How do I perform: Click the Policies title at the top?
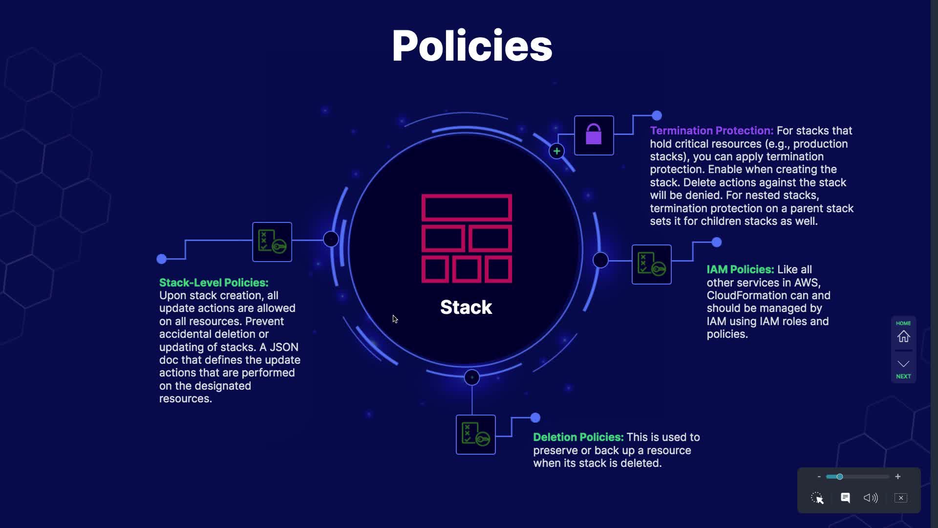coord(471,46)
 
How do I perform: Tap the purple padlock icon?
coord(594,135)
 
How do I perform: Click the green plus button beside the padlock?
coord(556,151)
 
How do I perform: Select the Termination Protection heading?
coord(711,131)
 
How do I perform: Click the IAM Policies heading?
coord(740,269)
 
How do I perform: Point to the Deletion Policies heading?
coord(578,437)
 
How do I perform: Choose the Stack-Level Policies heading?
coord(213,283)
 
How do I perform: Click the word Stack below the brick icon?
coord(466,307)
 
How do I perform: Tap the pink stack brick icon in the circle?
coord(467,239)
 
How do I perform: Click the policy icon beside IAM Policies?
coord(651,264)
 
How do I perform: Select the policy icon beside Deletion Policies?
coord(475,435)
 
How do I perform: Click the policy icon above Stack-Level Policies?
coord(272,242)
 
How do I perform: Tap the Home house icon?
coord(903,336)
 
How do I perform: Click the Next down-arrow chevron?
coord(903,364)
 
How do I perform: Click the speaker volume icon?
coord(871,498)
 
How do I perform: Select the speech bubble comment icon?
coord(845,498)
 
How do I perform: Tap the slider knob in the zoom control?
coord(839,477)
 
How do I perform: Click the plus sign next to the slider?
coord(897,477)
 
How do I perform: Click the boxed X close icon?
coord(901,498)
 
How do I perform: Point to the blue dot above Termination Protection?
coord(657,116)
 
